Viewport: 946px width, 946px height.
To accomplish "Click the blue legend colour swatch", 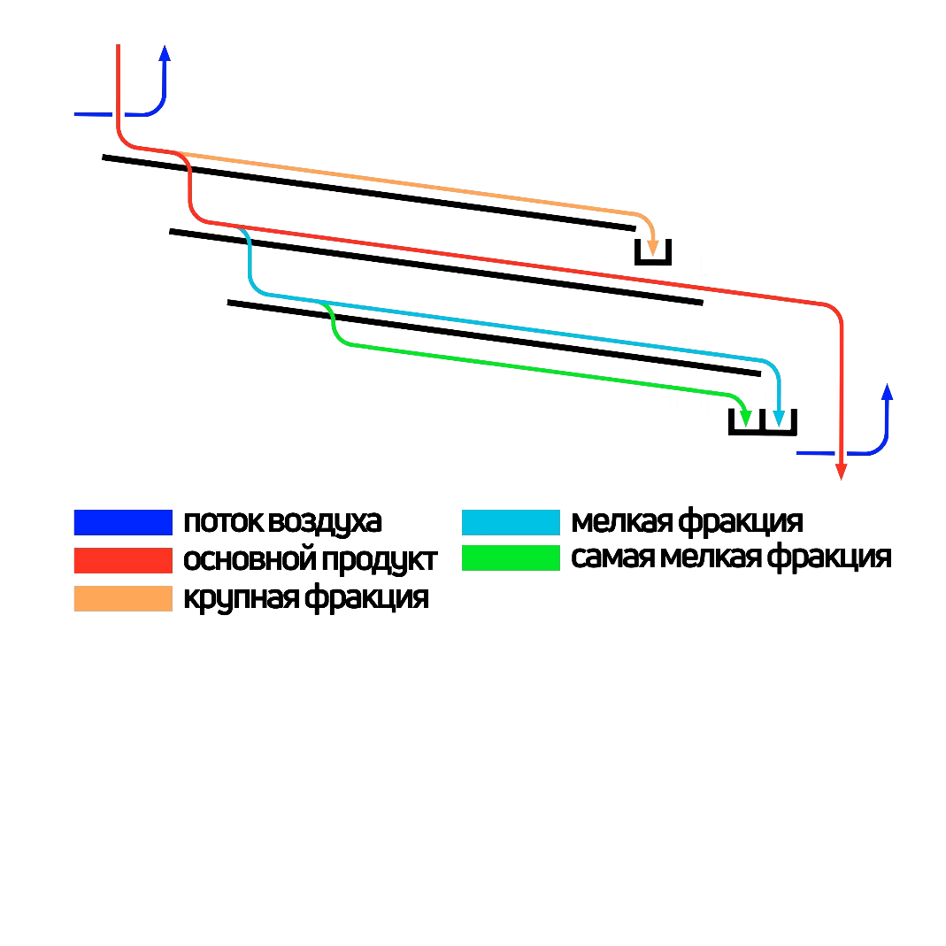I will pyautogui.click(x=122, y=522).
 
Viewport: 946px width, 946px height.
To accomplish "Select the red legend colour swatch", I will pyautogui.click(x=122, y=560).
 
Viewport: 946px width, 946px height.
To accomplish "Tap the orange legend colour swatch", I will pyautogui.click(x=122, y=598).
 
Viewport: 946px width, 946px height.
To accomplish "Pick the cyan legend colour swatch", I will pyautogui.click(x=511, y=522).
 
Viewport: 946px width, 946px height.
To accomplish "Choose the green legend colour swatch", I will pyautogui.click(x=511, y=558).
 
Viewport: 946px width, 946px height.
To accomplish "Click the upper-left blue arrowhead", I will pyautogui.click(x=164, y=53).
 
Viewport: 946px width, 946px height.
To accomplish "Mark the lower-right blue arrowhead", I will pyautogui.click(x=887, y=392).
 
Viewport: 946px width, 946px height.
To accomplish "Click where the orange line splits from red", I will pyautogui.click(x=173, y=152).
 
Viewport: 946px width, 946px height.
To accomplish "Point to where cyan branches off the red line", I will pyautogui.click(x=237, y=227).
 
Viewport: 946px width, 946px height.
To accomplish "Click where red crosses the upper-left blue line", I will pyautogui.click(x=119, y=114).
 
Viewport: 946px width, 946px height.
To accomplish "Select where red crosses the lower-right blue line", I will pyautogui.click(x=842, y=453).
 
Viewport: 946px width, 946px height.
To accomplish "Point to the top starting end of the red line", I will pyautogui.click(x=119, y=46).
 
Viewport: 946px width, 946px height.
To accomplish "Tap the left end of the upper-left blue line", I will pyautogui.click(x=76, y=114).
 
